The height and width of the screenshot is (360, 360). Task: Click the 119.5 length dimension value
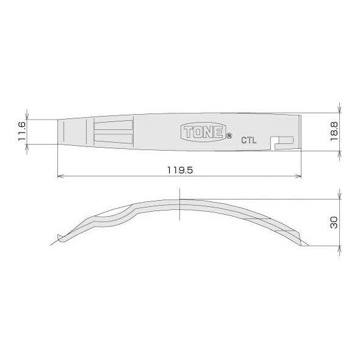tap(180, 170)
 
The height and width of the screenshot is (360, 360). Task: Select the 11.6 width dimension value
tap(22, 132)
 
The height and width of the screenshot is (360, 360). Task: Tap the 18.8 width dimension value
tap(334, 132)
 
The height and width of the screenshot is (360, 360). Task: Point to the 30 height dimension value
tap(334, 222)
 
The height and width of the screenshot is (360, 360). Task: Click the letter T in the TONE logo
tap(190, 132)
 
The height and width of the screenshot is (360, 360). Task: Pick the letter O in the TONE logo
tap(199, 132)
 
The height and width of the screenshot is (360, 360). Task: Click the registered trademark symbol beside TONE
tap(229, 136)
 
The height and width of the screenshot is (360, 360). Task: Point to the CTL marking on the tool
tap(249, 140)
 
